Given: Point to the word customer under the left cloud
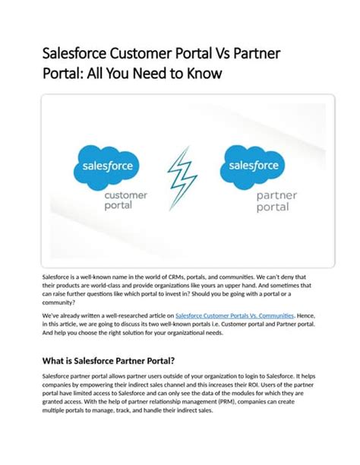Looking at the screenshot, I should [x=125, y=196].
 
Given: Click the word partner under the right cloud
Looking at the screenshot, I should [x=277, y=196].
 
